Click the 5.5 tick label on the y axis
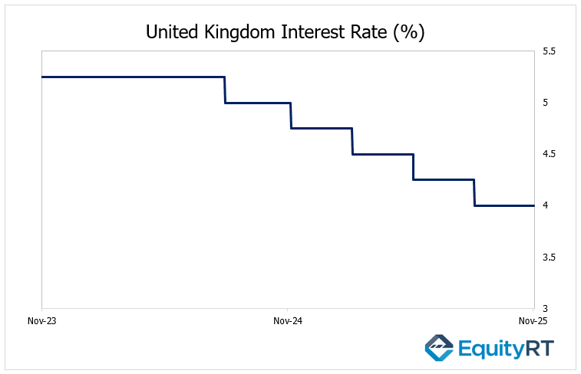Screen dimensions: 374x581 click(x=550, y=51)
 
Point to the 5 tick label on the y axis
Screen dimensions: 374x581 click(x=546, y=103)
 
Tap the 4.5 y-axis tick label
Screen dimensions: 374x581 click(x=550, y=154)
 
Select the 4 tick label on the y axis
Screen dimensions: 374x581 click(x=546, y=205)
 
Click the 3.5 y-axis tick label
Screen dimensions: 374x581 click(x=550, y=257)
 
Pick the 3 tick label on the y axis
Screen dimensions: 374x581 click(x=546, y=308)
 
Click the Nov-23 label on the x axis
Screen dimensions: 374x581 click(x=41, y=321)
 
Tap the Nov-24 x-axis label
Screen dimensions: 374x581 click(x=287, y=321)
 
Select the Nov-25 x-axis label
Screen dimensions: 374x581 click(x=533, y=321)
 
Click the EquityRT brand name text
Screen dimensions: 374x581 click(x=505, y=349)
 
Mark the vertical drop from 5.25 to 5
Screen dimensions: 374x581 click(x=225, y=90)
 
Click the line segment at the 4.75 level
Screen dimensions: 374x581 click(x=321, y=128)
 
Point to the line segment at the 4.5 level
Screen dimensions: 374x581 click(x=382, y=154)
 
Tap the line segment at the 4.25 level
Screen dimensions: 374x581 click(x=444, y=179)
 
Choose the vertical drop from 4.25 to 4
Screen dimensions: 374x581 click(x=474, y=192)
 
